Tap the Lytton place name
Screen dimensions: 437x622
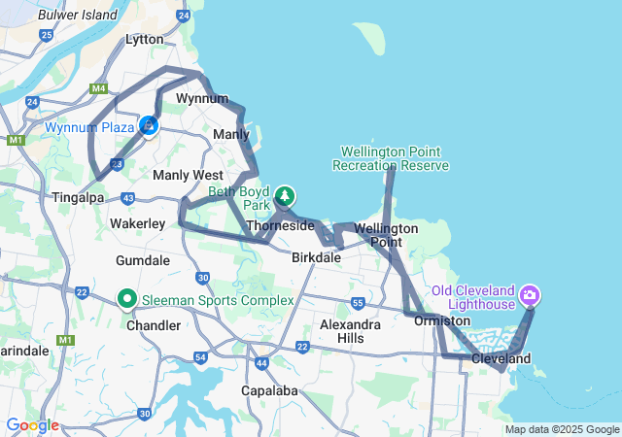tap(145, 39)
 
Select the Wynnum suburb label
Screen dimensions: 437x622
tap(202, 99)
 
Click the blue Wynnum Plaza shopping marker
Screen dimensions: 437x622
tap(148, 125)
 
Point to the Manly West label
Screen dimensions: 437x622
tap(188, 175)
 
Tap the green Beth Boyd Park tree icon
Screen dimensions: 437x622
tap(284, 195)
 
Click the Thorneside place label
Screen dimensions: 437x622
tap(280, 225)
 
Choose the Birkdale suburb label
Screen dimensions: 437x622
tap(316, 257)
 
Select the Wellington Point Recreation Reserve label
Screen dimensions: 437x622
tap(391, 158)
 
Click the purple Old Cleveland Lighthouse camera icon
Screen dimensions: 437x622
tap(530, 293)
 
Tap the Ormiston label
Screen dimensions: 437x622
tap(442, 320)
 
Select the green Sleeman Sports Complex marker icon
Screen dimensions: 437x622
tap(126, 299)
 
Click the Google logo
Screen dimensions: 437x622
tap(32, 425)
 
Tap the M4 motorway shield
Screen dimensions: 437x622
tap(97, 89)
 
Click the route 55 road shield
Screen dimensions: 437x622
tap(358, 303)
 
